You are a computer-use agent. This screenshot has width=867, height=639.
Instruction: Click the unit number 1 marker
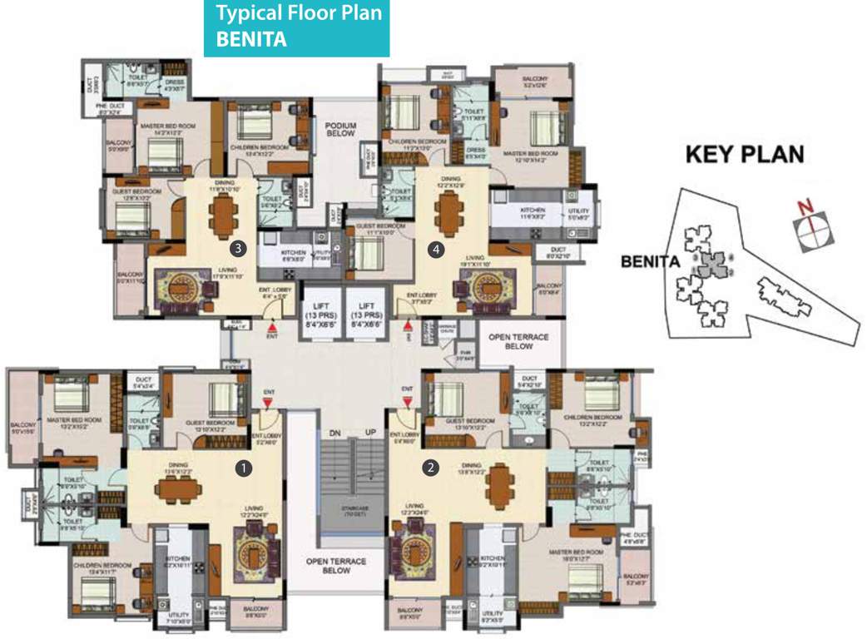click(243, 468)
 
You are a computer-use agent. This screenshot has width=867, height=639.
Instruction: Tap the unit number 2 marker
click(431, 468)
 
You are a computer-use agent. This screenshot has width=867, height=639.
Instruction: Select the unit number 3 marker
click(238, 247)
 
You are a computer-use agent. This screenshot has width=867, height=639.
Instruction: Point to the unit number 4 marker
click(434, 247)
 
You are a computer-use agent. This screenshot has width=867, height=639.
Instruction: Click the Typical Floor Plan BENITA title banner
click(296, 28)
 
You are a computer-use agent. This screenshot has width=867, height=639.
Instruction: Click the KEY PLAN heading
click(744, 154)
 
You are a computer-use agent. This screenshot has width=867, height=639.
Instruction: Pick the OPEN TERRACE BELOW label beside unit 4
click(511, 341)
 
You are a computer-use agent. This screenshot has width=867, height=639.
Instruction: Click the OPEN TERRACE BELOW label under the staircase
click(337, 567)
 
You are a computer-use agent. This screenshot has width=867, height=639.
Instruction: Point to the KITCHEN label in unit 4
click(533, 211)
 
